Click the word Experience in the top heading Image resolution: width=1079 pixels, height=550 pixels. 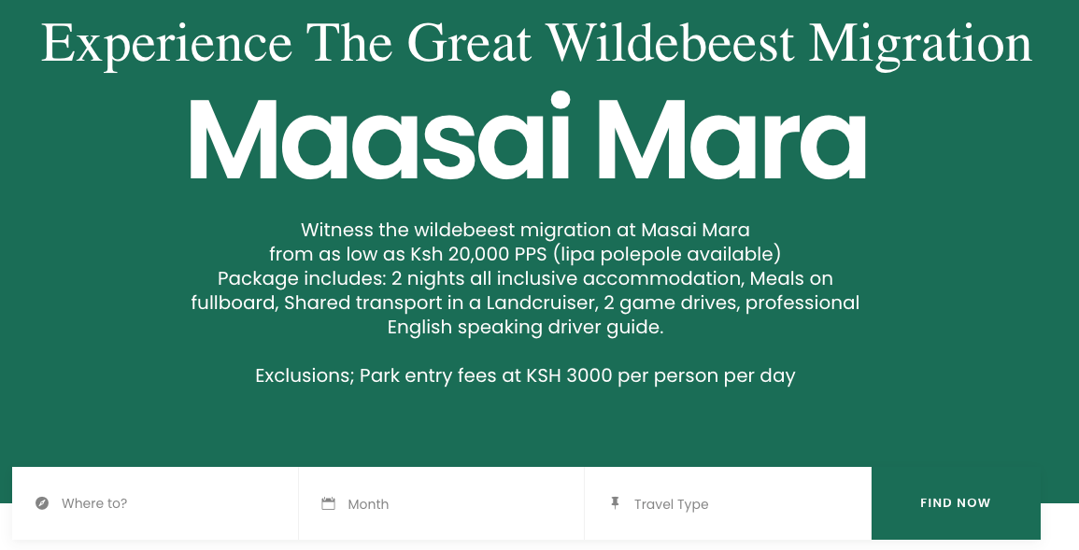[166, 44]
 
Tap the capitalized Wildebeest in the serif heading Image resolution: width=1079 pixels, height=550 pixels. [671, 43]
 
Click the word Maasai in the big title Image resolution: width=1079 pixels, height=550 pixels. [379, 139]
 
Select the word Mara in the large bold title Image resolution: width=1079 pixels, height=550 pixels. [731, 140]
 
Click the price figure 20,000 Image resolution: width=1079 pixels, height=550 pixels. [478, 254]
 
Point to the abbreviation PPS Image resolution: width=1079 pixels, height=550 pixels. [532, 254]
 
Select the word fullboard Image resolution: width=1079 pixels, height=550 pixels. [234, 303]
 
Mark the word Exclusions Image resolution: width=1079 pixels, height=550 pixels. [305, 376]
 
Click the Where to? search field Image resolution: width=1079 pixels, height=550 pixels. [155, 503]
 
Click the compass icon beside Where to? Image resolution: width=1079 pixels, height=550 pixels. [42, 503]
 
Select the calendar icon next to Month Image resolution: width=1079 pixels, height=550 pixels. [328, 503]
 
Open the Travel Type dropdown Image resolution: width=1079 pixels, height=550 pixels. [728, 503]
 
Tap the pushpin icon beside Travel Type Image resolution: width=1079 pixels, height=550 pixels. [616, 502]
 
